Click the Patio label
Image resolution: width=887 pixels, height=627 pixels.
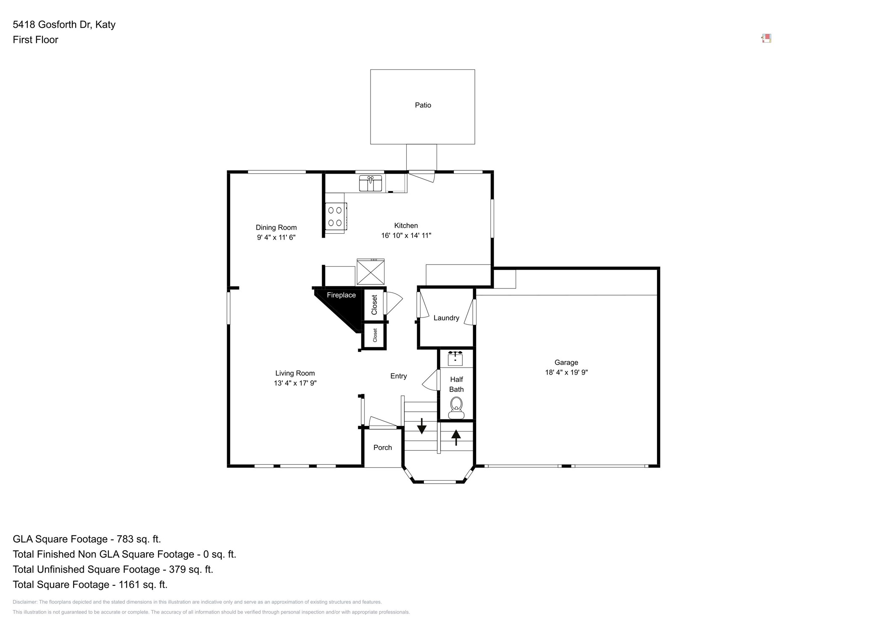pos(423,105)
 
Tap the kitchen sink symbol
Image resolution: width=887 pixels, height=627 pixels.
pos(370,184)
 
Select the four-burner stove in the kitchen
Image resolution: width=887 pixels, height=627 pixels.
pos(336,217)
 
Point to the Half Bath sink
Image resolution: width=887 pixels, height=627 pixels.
pos(455,359)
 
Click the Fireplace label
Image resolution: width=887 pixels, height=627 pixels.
pos(341,295)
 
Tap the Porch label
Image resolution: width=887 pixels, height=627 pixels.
pos(382,447)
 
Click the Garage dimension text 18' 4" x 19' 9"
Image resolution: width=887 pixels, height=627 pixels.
pos(566,372)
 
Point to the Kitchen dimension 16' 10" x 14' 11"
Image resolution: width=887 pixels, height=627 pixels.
pos(406,235)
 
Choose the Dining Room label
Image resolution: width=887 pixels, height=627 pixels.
pos(276,228)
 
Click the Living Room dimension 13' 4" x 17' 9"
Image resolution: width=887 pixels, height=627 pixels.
pos(295,383)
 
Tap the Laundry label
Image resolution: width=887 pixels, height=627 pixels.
pos(446,318)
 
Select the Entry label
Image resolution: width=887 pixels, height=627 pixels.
pos(398,376)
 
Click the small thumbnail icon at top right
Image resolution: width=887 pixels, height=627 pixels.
pos(766,39)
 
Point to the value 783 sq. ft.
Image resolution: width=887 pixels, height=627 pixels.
pos(138,539)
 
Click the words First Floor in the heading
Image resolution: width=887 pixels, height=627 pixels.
pos(35,40)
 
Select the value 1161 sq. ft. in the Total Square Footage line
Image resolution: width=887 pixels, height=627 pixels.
pos(143,585)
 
